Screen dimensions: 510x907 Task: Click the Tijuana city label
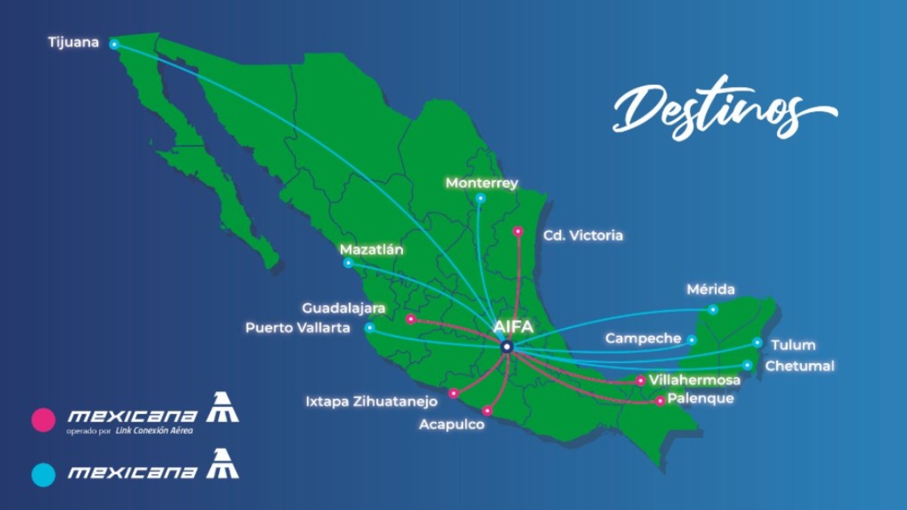coord(73,42)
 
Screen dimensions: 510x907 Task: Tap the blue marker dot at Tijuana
coord(114,45)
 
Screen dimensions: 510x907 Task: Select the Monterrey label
coord(481,183)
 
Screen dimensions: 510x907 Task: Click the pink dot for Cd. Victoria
coord(518,231)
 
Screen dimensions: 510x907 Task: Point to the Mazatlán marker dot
coord(348,263)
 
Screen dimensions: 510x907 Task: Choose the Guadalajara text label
coord(344,309)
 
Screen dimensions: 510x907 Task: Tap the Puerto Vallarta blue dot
coord(370,328)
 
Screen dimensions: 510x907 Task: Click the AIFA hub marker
coord(506,347)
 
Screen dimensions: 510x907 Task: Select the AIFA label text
coord(513,327)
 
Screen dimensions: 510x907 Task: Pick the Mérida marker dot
coord(713,309)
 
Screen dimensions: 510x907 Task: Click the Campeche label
coord(643,338)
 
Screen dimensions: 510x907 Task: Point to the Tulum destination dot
coord(757,342)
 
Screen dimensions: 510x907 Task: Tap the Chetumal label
coord(800,366)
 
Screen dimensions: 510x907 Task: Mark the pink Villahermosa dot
coord(641,381)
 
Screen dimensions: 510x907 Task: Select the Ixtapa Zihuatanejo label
coord(371,402)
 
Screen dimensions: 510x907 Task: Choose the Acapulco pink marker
coord(487,411)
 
